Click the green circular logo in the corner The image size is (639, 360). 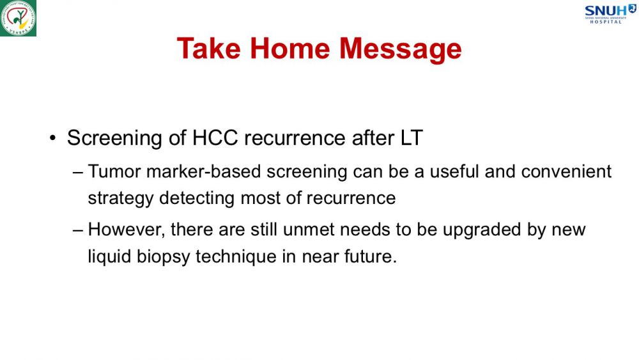point(18,18)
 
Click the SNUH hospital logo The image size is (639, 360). point(610,14)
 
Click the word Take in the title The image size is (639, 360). point(209,49)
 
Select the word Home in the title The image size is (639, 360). point(289,49)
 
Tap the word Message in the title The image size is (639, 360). point(401,50)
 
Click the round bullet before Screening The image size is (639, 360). point(52,138)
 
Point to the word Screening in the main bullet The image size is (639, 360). point(114,138)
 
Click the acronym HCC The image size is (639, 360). point(215,138)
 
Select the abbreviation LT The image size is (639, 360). point(412,138)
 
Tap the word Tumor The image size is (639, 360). point(114,171)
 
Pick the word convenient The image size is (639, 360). point(566,171)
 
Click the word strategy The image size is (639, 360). point(121,199)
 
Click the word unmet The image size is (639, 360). point(309,230)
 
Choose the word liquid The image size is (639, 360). point(109,257)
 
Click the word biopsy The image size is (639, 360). point(164,257)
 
